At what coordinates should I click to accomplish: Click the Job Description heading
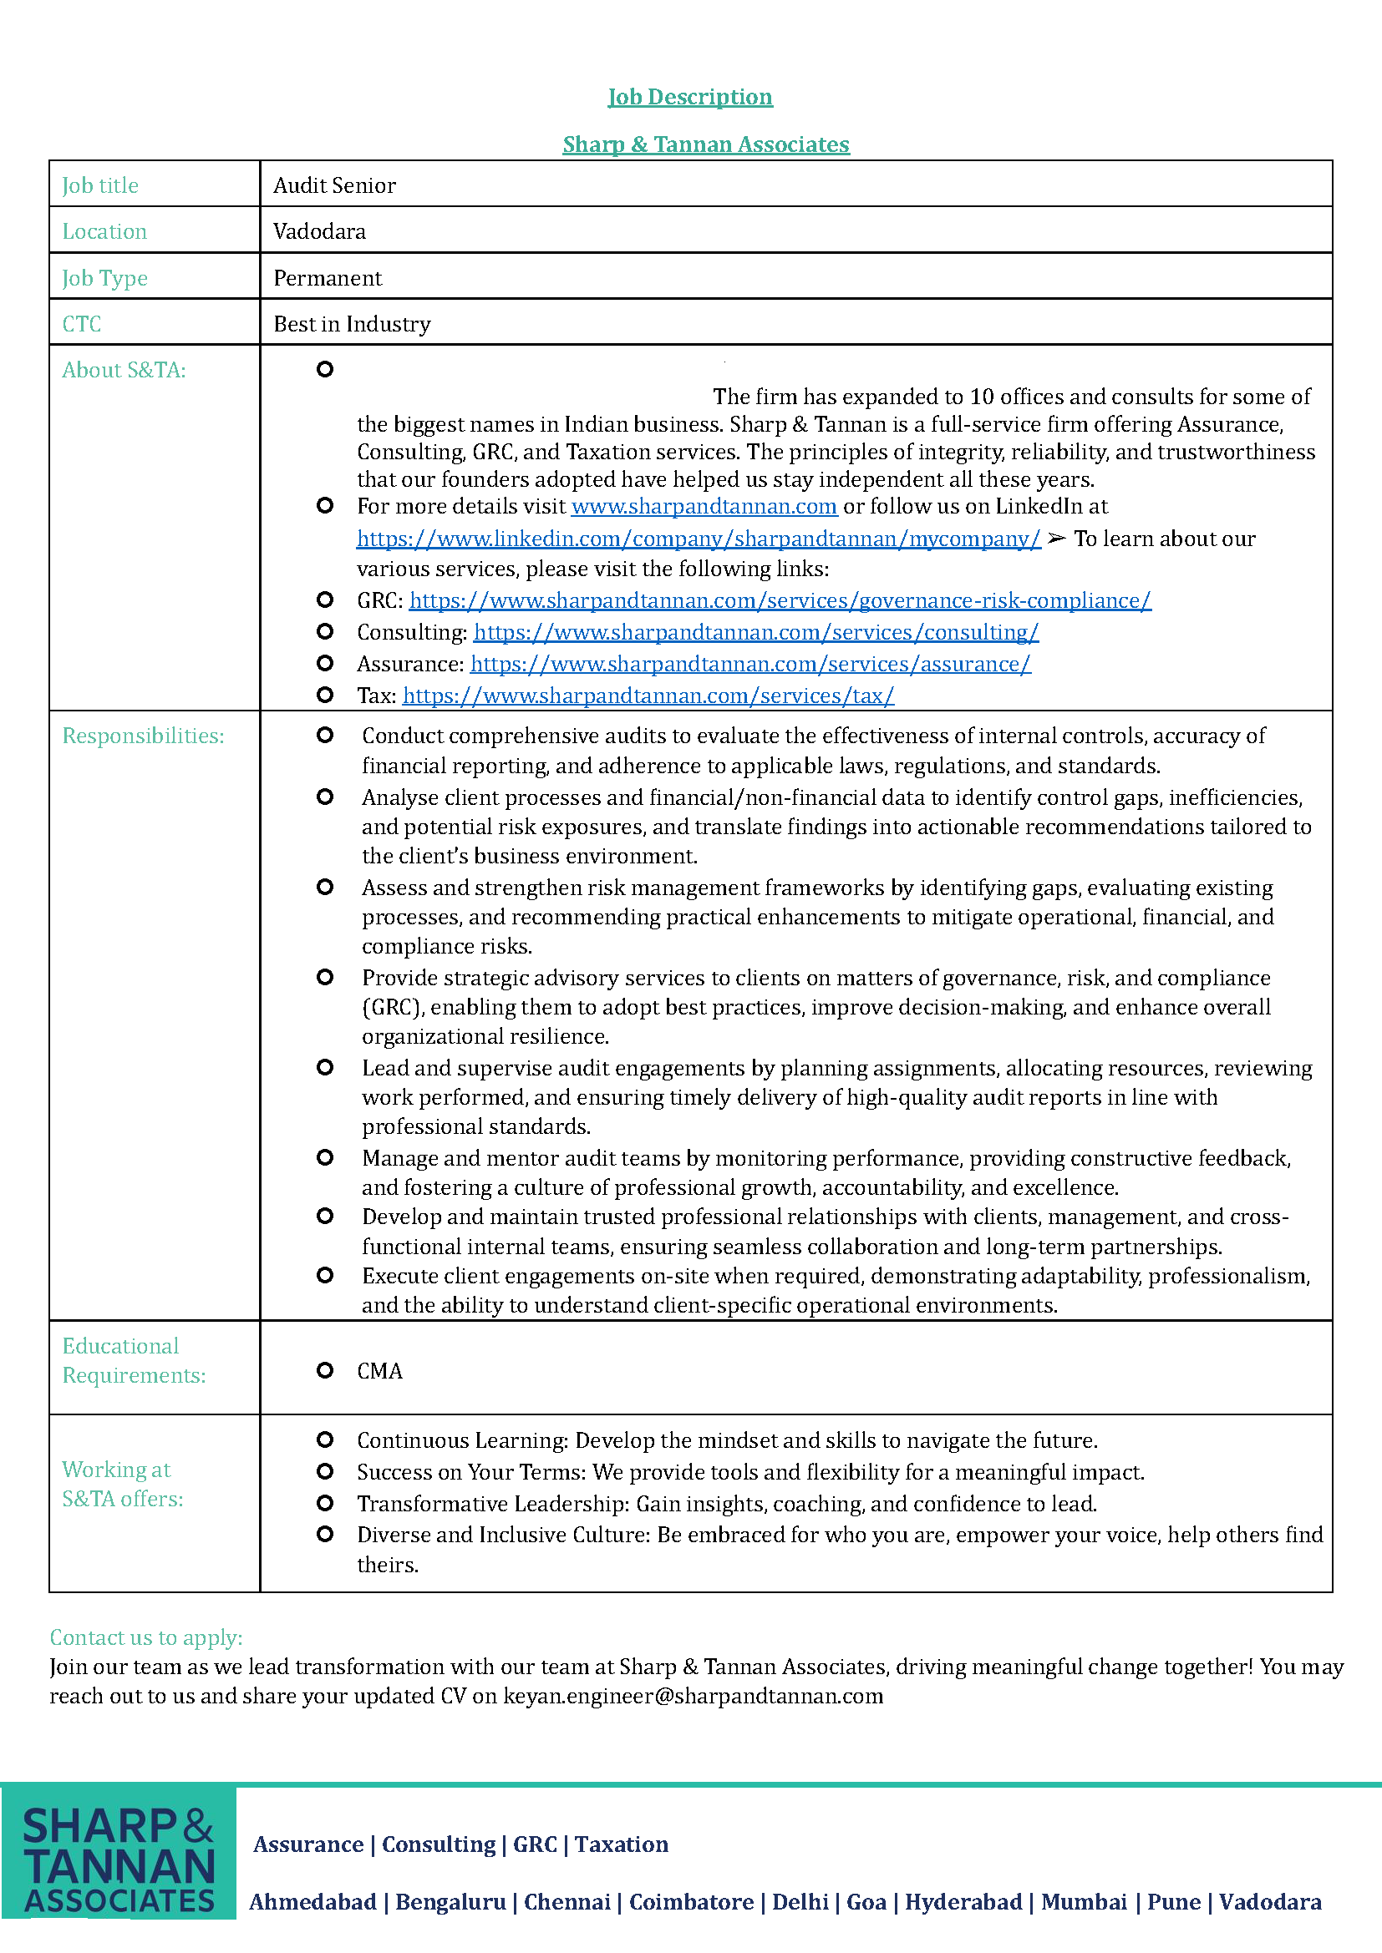tap(689, 97)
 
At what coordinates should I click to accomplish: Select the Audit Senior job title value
tap(334, 185)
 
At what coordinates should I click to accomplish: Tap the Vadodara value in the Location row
tap(319, 231)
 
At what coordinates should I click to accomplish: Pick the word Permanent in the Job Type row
tap(328, 278)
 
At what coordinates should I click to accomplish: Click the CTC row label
tap(82, 324)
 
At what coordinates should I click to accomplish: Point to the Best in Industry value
tap(352, 324)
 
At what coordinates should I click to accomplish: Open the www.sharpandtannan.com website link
tap(704, 507)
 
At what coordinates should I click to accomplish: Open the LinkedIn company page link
tap(698, 539)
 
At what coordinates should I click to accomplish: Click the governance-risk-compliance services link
tap(780, 601)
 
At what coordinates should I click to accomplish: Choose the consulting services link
tap(755, 633)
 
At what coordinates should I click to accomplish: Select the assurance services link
tap(750, 665)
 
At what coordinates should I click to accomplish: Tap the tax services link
tap(648, 696)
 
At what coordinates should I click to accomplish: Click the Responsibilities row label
tap(143, 736)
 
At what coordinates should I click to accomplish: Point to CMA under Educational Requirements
tap(379, 1371)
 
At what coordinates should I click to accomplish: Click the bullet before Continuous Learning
tap(324, 1440)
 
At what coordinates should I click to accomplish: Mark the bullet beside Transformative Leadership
tap(324, 1503)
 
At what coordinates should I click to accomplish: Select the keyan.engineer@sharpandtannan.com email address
tap(693, 1696)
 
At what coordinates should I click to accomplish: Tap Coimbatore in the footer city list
tap(691, 1902)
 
